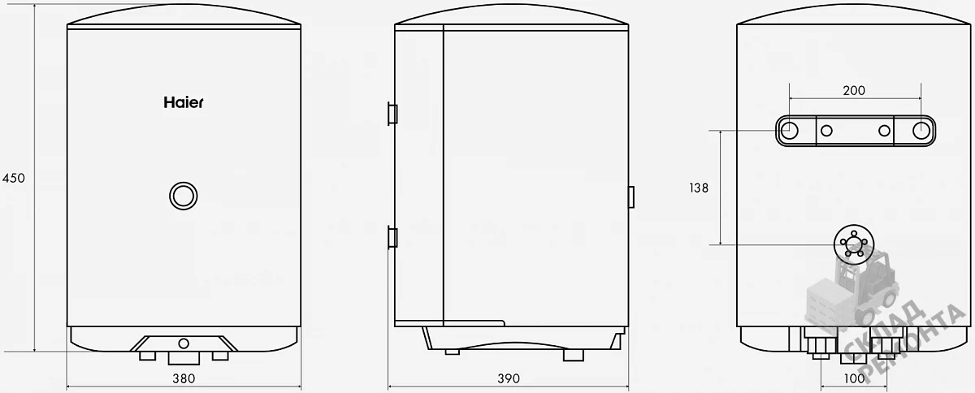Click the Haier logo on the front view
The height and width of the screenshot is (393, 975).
click(184, 102)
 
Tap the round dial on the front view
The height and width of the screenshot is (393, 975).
click(184, 196)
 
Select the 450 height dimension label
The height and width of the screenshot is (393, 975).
click(14, 178)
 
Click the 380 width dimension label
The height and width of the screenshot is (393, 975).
click(184, 378)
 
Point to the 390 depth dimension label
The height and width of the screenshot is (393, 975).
click(509, 378)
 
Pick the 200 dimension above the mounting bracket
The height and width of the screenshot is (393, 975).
click(854, 90)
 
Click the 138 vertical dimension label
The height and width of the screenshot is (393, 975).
click(699, 188)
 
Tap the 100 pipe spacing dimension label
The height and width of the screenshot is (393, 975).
click(854, 378)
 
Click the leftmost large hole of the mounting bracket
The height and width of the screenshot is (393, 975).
click(789, 130)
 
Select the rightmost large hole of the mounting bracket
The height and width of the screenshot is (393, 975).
click(921, 130)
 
